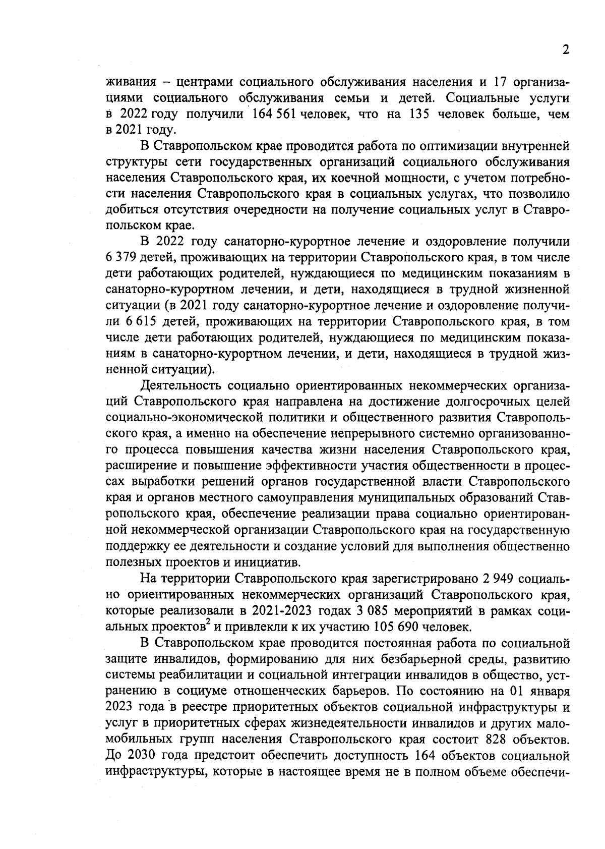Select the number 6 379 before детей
[x=120, y=258]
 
